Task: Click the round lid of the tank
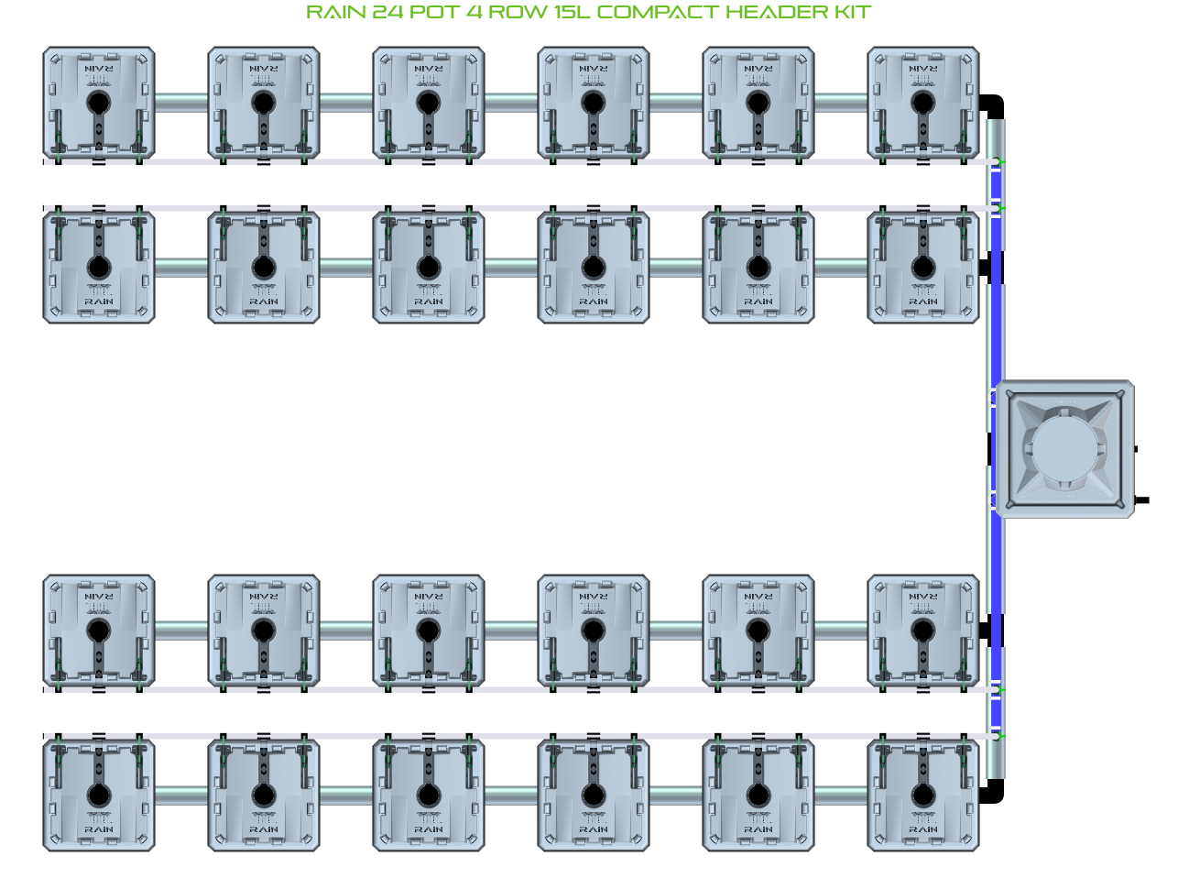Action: tap(1063, 448)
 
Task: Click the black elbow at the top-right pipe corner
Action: tap(993, 104)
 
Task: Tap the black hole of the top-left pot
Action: tap(99, 103)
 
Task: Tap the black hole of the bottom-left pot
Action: tap(99, 795)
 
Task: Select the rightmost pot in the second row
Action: tap(923, 267)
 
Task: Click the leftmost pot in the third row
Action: tap(99, 631)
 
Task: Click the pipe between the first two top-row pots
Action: tap(181, 103)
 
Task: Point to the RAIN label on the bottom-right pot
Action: tap(923, 829)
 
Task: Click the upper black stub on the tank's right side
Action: tap(1136, 450)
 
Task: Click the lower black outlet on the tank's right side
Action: tap(1141, 500)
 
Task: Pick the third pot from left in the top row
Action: tap(429, 103)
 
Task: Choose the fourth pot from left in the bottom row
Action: tap(594, 795)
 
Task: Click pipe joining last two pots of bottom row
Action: tap(841, 795)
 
